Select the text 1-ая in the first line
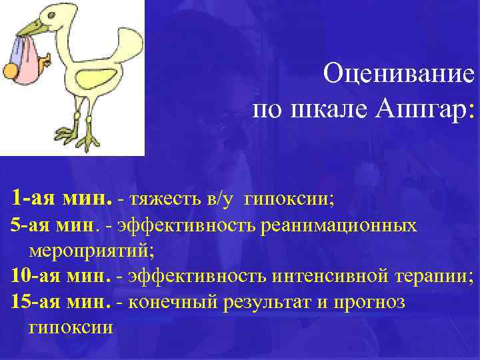(x=33, y=198)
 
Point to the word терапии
(x=434, y=275)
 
